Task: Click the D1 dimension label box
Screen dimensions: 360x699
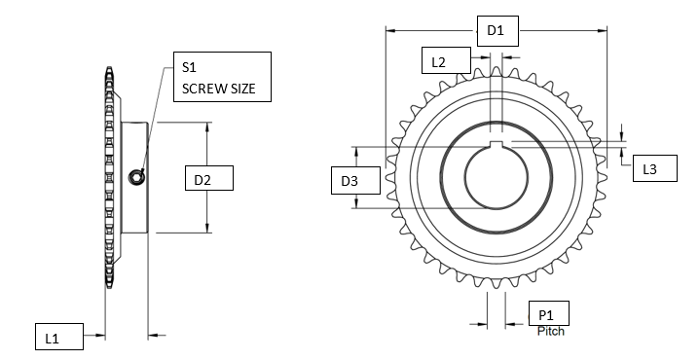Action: coord(496,31)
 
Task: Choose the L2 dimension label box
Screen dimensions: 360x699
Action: coord(439,61)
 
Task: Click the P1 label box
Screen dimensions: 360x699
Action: coord(547,313)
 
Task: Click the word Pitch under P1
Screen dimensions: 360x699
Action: coord(551,331)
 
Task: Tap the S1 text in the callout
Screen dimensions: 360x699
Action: coord(190,67)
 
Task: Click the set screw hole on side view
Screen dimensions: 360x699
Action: coord(135,176)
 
